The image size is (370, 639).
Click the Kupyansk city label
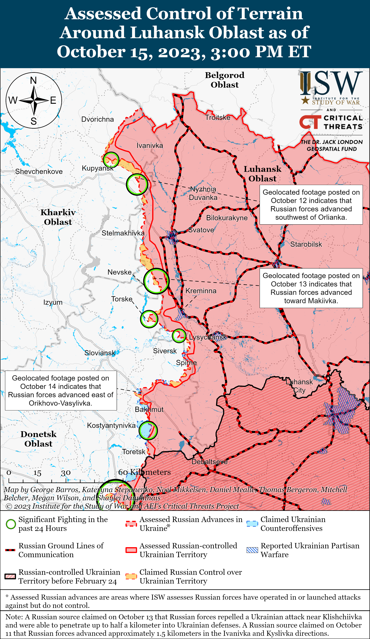[x=98, y=168]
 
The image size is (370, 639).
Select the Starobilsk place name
[x=306, y=244]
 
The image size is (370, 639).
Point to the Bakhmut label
[x=149, y=409]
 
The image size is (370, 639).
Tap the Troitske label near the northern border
[x=218, y=117]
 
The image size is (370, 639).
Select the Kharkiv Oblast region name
[x=58, y=217]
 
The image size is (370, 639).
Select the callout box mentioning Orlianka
[x=311, y=205]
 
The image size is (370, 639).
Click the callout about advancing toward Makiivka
[x=311, y=288]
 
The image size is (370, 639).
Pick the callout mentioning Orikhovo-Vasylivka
[x=61, y=391]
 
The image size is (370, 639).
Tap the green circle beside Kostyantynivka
[x=148, y=430]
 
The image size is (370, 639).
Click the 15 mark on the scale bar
[x=37, y=473]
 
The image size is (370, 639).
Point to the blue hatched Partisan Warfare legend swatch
[x=252, y=550]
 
